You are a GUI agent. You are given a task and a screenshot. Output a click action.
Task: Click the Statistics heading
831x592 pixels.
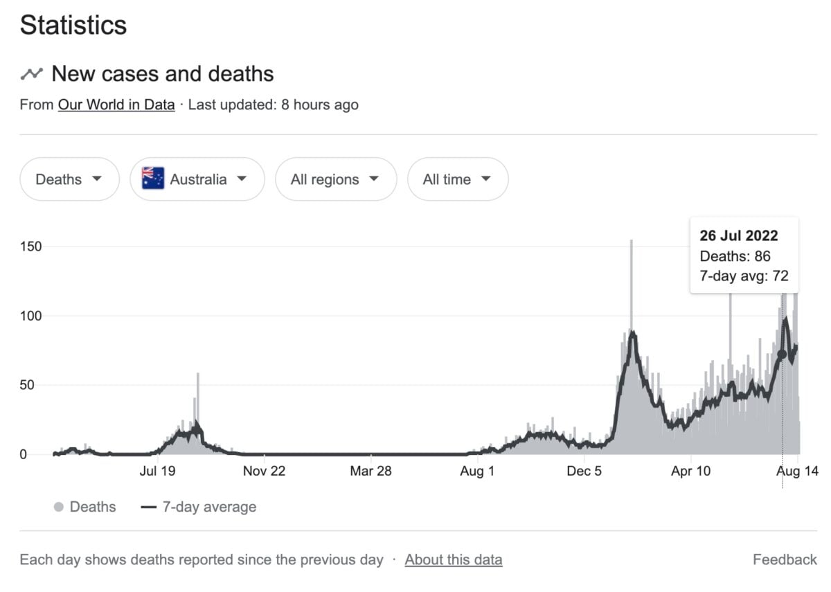click(x=73, y=26)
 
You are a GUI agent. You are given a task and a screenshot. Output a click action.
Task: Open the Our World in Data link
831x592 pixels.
click(x=116, y=105)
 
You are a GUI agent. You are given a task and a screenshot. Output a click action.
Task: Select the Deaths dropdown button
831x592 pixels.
click(x=69, y=179)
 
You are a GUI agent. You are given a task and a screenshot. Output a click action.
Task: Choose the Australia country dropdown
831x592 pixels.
click(x=197, y=179)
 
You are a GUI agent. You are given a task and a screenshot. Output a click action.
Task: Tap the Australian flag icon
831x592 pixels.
click(x=153, y=179)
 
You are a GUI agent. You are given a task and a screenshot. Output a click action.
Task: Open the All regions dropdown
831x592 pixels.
click(x=335, y=179)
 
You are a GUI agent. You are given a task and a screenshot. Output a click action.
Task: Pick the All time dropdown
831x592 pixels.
click(x=457, y=179)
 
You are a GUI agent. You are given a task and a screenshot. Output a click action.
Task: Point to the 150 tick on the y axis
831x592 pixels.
click(x=31, y=246)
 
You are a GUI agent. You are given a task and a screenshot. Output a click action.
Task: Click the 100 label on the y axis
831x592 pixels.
click(x=31, y=316)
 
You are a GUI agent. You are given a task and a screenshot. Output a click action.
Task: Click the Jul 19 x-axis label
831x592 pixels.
click(x=158, y=471)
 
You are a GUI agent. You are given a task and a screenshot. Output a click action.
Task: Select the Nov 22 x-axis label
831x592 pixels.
click(x=264, y=471)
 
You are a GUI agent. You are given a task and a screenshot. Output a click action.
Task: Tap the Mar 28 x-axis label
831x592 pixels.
click(x=370, y=471)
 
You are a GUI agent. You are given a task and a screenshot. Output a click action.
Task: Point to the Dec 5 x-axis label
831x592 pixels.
click(x=584, y=471)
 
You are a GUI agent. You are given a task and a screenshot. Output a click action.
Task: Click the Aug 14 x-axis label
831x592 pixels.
click(x=797, y=471)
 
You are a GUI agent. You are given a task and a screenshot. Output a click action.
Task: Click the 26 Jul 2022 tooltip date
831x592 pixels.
click(x=738, y=235)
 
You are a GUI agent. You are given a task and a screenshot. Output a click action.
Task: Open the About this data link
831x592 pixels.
click(x=454, y=559)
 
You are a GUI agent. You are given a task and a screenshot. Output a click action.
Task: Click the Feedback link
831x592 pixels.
click(x=785, y=559)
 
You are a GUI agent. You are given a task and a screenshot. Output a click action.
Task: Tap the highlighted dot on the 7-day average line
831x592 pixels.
click(x=783, y=354)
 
